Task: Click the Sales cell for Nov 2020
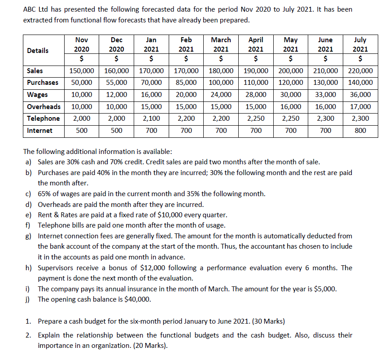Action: pos(81,71)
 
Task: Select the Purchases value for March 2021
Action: pos(221,83)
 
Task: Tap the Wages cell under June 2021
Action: pos(326,95)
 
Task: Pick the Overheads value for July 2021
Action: pos(360,107)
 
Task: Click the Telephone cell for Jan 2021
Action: pos(151,119)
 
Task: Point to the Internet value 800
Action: pos(360,131)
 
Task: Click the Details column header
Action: pos(38,50)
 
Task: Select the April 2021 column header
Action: pos(256,44)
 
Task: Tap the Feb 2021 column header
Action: pos(186,44)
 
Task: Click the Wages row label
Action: pos(38,95)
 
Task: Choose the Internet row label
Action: pos(39,131)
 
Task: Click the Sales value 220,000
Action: pos(360,71)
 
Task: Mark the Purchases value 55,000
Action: pos(116,83)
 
